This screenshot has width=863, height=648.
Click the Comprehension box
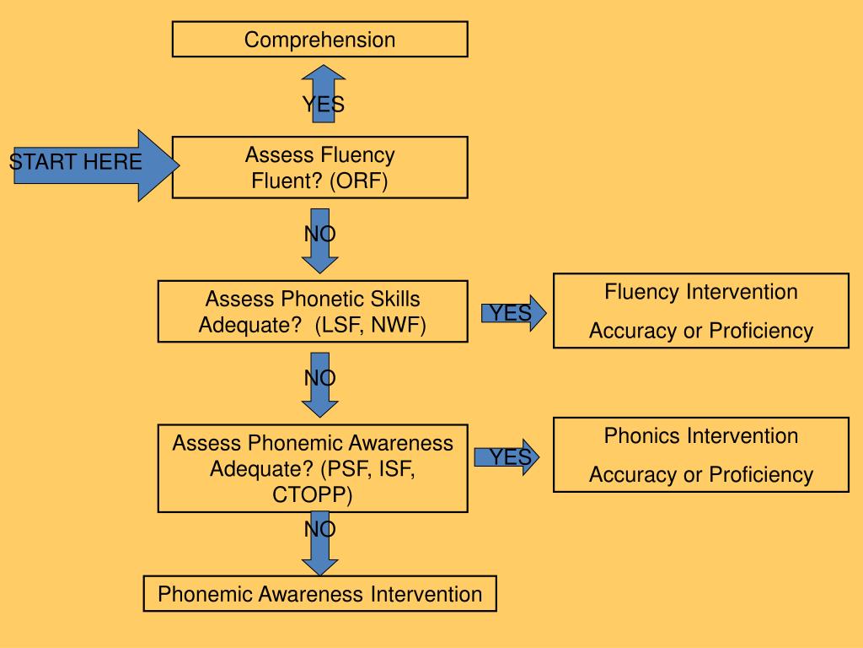coord(319,39)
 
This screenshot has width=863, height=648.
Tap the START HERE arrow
coord(94,165)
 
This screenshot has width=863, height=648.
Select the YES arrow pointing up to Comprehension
coord(324,94)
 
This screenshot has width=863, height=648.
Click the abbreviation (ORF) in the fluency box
coord(358,181)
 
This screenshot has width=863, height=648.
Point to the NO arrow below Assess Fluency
coord(319,240)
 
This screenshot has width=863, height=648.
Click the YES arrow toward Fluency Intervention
coord(513,313)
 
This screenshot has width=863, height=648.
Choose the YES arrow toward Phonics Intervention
coord(507,457)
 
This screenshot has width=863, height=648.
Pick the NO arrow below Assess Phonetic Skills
coord(319,385)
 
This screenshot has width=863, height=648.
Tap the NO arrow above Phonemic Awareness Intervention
coord(319,543)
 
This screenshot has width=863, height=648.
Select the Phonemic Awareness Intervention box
coord(319,593)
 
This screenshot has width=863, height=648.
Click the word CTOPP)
coord(312,494)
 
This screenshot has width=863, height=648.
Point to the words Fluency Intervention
coord(700,292)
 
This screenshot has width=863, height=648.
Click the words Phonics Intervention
coord(700,436)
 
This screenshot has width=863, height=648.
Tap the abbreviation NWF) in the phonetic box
coord(399,325)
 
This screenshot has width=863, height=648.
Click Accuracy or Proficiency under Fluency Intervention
coord(700,331)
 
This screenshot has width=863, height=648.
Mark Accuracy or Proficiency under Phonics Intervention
coord(700,474)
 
